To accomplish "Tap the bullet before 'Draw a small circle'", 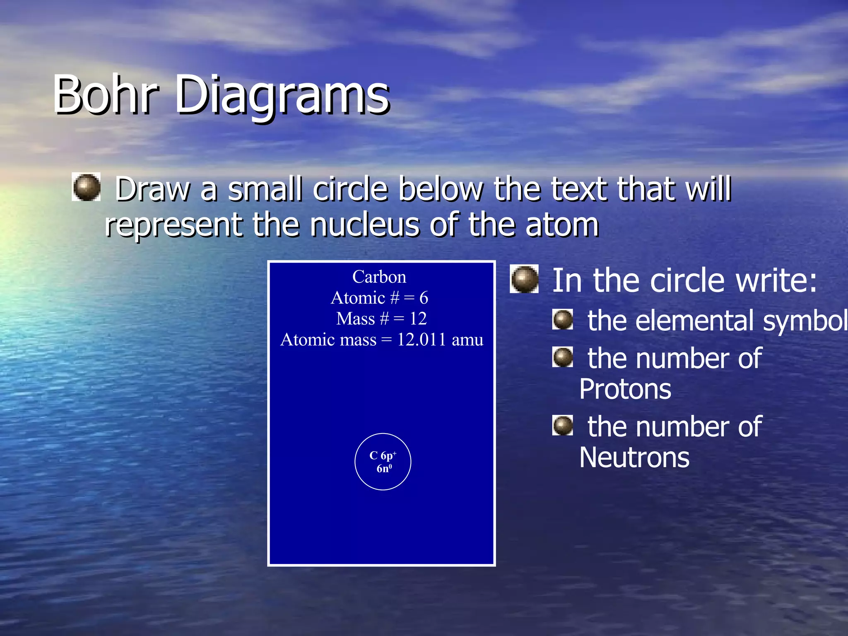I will (x=87, y=188).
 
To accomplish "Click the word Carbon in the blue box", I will (x=379, y=277).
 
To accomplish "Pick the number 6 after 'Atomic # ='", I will (x=424, y=298).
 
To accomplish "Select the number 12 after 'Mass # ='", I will (x=418, y=319).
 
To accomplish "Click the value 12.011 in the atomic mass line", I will (x=422, y=340).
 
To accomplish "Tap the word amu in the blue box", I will (x=467, y=340).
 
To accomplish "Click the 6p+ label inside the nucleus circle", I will (x=388, y=456).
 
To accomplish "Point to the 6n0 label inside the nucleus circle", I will (x=384, y=468).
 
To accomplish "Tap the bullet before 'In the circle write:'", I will (x=525, y=279).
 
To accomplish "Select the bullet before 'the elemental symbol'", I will (x=563, y=320).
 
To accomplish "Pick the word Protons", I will (x=625, y=389).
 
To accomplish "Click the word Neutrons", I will (x=634, y=458).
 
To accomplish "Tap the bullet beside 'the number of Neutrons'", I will (x=563, y=426).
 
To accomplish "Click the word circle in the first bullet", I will (x=350, y=189).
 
